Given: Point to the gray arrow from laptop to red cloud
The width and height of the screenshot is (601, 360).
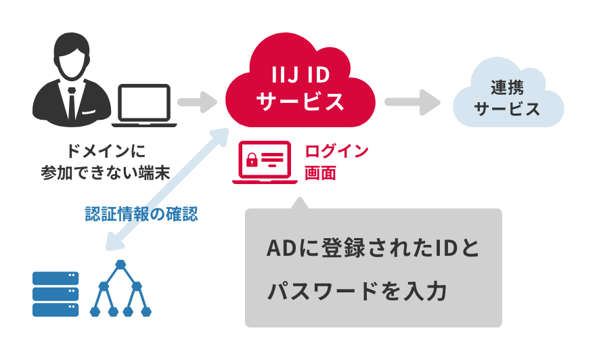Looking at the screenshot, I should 196,102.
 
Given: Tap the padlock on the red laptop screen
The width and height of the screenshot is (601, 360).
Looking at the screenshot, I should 252,160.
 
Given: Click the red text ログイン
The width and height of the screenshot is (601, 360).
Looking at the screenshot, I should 336,150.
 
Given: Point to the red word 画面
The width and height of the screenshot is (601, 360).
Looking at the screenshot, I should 320,173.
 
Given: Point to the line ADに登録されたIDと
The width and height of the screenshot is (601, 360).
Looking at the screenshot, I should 373,248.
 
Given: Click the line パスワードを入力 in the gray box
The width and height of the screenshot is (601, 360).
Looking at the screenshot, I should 357,292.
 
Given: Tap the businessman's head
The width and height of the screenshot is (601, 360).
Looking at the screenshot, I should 72,58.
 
